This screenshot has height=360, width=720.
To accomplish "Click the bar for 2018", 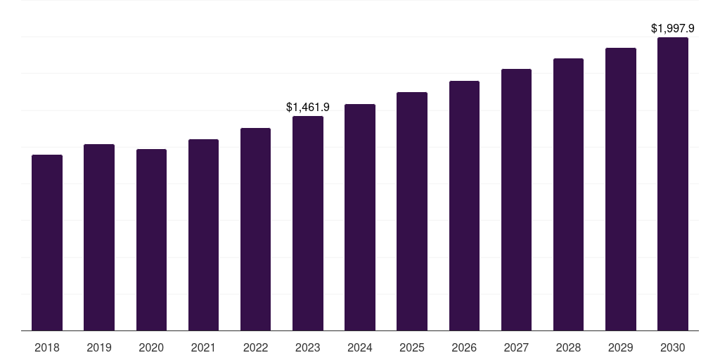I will tap(47, 243).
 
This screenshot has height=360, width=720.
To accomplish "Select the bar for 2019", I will tap(99, 238).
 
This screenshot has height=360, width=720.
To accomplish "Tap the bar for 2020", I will tap(151, 240).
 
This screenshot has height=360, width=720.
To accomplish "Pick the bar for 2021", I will tap(203, 235).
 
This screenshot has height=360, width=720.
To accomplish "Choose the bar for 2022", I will tap(255, 229).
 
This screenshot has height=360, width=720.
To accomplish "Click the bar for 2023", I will tap(308, 224).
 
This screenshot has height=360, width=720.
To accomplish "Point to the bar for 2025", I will tap(412, 212).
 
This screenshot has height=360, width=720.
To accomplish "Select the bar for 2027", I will tap(516, 200).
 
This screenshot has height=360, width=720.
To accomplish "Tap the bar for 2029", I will tap(621, 189).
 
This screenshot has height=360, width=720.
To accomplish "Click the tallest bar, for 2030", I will tap(673, 184).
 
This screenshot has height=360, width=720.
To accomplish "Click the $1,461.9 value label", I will tap(308, 108).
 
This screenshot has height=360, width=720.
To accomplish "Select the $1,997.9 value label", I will tap(673, 29).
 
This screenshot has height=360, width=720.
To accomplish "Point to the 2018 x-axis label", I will tap(47, 347).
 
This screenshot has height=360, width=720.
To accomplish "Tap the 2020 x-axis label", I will tap(151, 347).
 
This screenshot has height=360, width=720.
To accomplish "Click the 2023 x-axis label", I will tap(308, 347).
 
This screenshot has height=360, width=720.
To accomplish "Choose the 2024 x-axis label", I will tap(360, 347).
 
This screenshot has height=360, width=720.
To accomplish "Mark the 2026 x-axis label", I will tap(464, 347).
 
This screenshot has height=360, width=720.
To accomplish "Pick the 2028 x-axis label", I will tap(568, 347).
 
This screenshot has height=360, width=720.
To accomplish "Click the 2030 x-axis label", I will tap(673, 347).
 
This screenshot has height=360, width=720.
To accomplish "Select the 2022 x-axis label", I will tap(255, 347).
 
